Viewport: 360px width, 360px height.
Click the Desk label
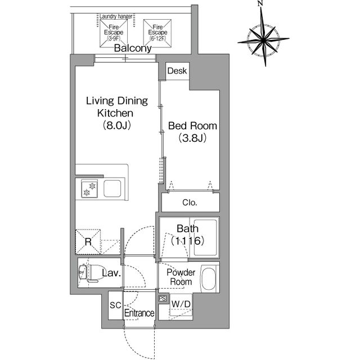coord(177,71)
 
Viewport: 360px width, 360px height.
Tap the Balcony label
coord(133,48)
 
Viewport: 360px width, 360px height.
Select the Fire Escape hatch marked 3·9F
coord(114,34)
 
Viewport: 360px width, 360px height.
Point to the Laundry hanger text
coord(116,16)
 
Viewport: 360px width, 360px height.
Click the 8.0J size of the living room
coord(116,125)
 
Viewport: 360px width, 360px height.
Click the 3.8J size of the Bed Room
coord(192,138)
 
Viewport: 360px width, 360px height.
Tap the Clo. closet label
coord(190,202)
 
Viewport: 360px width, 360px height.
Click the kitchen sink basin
coord(112,188)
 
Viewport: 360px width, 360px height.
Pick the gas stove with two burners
coord(89,189)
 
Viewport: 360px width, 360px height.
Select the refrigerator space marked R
coord(88,241)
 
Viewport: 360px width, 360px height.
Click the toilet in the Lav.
coord(88,272)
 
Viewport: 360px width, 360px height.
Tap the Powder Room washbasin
coord(209,279)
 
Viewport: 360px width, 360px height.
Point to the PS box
coord(163,298)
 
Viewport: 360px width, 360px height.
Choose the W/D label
coord(181,304)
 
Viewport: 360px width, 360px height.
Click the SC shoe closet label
coord(115,305)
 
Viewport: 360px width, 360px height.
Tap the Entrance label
coord(139,313)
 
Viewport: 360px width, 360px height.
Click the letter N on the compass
coord(260,3)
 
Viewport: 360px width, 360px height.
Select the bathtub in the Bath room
coord(205,237)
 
